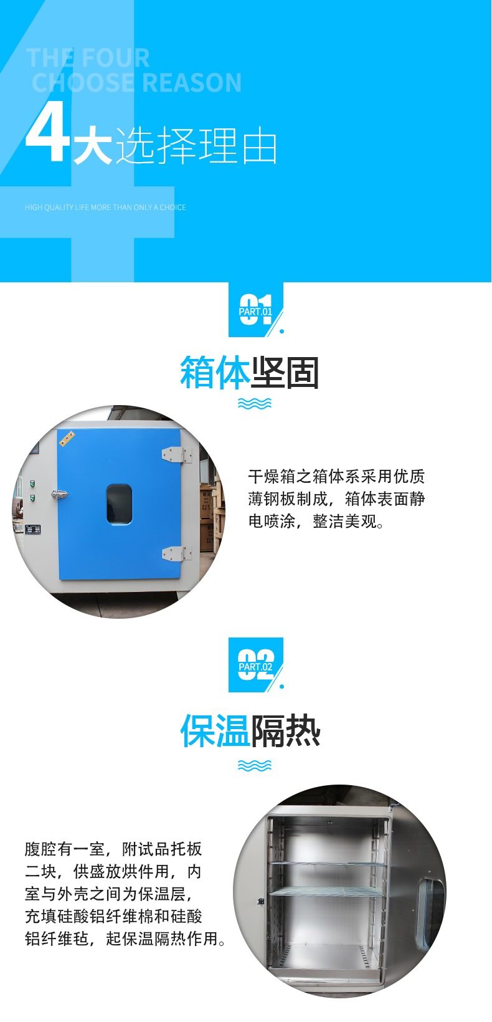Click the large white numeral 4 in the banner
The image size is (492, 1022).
pos(47,133)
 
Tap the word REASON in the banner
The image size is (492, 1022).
pos(192,83)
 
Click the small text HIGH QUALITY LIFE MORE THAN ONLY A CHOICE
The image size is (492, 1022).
pos(105,207)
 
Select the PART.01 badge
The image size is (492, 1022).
pos(256,310)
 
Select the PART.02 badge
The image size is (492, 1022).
pos(256,665)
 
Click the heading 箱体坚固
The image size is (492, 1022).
pos(249,373)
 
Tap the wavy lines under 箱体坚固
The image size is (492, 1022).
pos(255,403)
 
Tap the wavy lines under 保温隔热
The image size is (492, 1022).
pos(255,766)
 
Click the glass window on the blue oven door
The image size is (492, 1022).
pos(120,504)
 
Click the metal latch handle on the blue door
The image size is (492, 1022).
pos(59,494)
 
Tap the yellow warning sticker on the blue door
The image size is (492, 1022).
pos(67,439)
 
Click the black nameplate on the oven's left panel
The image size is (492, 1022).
pos(33,529)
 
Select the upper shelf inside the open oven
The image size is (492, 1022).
pos(328,864)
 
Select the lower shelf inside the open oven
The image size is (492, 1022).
pos(328,892)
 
